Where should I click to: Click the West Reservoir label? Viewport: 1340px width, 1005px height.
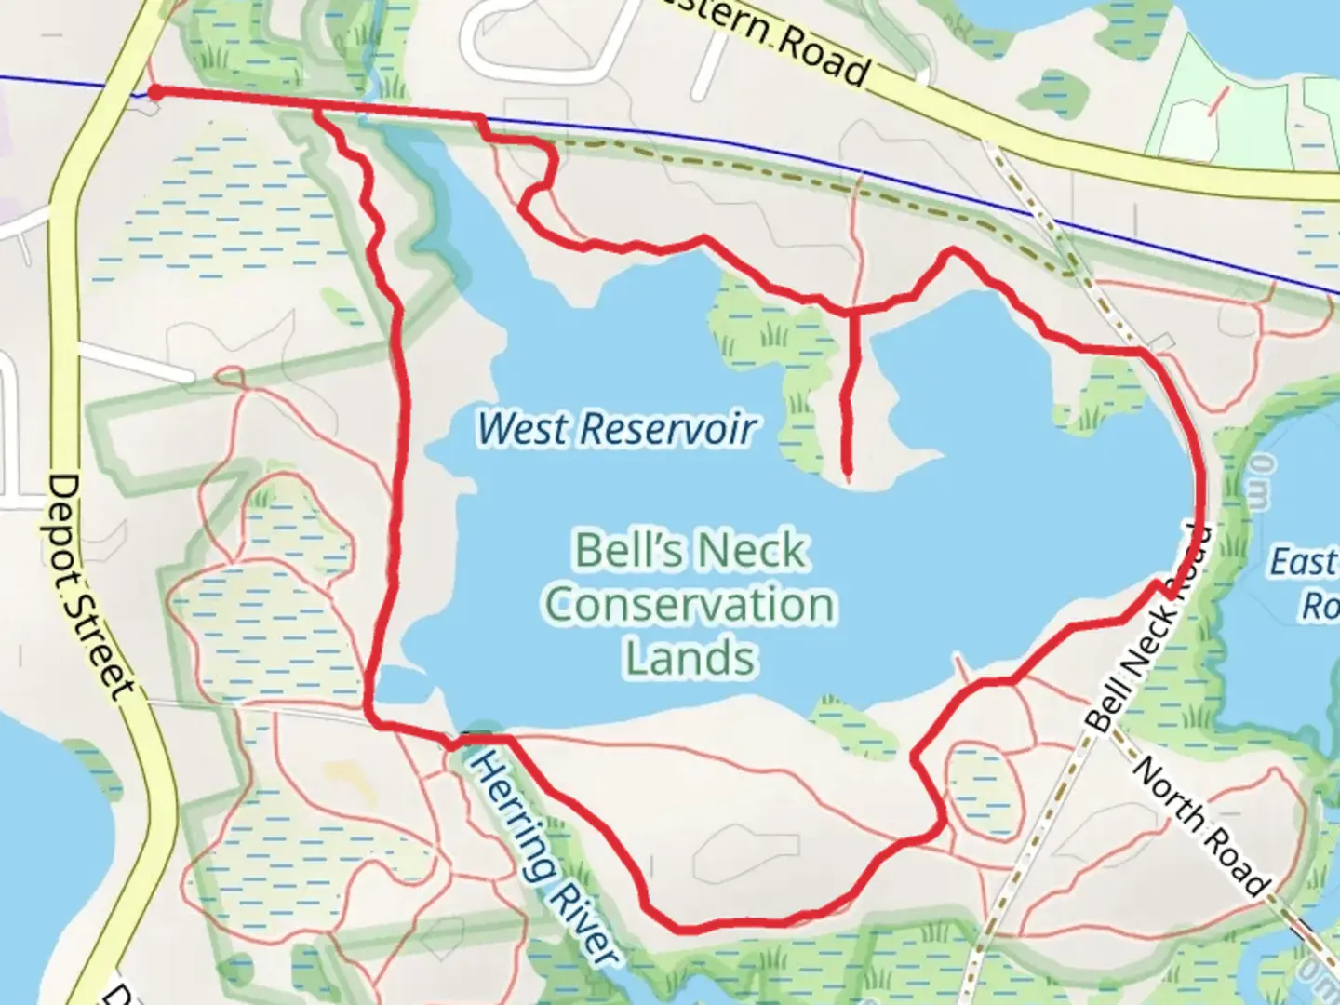[x=616, y=428]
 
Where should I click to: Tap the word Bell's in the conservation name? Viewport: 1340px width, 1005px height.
[x=614, y=550]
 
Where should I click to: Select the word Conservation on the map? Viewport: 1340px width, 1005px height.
[x=690, y=605]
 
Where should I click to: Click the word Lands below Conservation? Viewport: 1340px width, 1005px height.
[x=690, y=658]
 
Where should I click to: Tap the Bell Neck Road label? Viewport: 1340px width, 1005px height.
[x=1150, y=628]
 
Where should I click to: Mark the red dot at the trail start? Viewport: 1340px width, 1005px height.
[x=156, y=91]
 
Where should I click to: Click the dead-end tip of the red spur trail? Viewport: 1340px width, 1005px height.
[x=848, y=472]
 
